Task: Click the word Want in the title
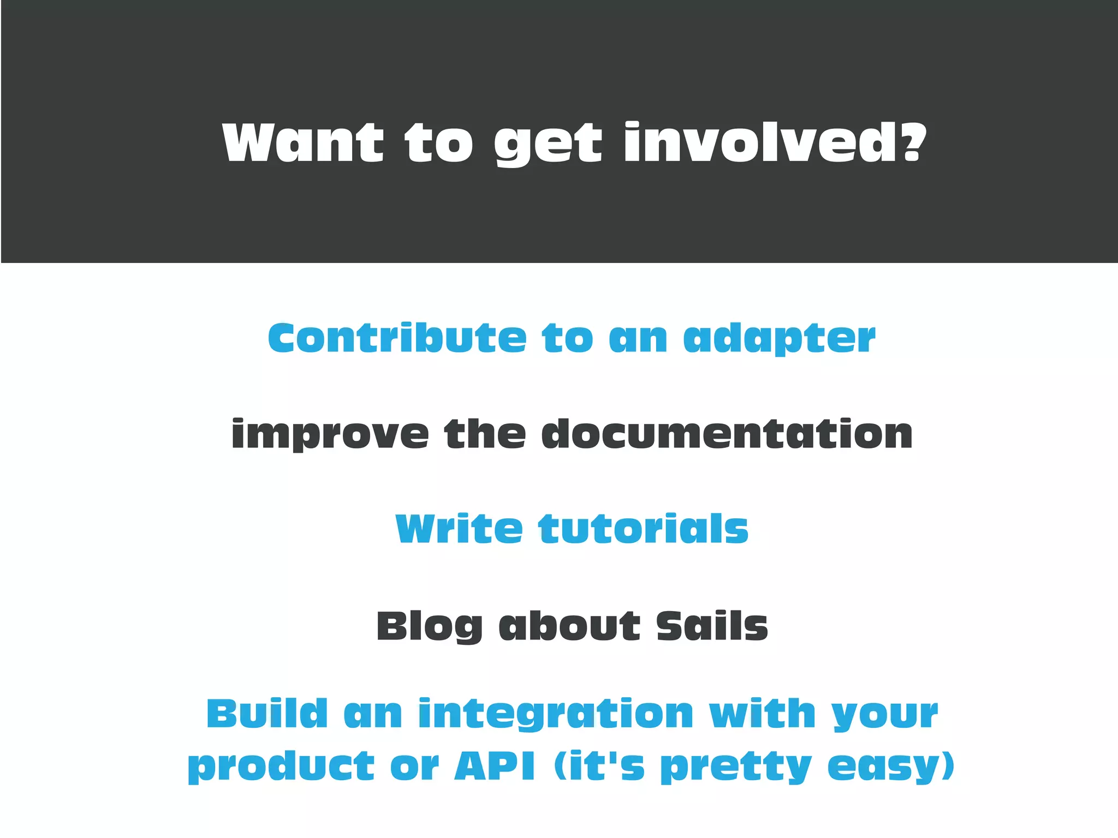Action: click(x=303, y=143)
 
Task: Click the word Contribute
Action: click(x=397, y=338)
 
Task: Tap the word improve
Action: click(x=330, y=435)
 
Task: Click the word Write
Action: click(x=459, y=529)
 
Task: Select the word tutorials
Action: click(x=643, y=529)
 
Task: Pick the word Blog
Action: click(x=430, y=626)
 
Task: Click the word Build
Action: click(x=267, y=714)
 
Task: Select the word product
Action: click(x=282, y=767)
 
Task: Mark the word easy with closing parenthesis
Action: click(x=890, y=767)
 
